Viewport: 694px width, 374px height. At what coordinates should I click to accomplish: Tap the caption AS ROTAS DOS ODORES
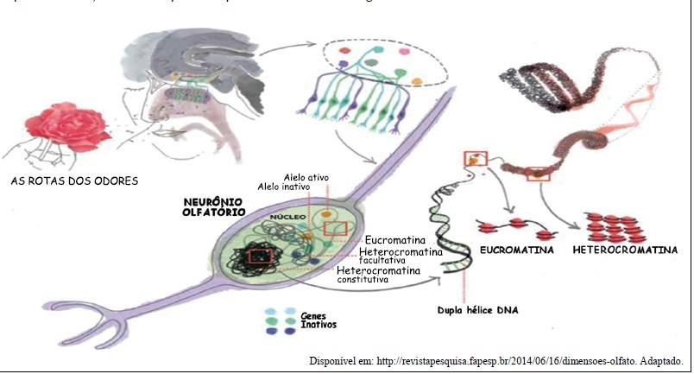click(74, 181)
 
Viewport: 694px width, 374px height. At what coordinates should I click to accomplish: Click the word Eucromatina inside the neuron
click(400, 238)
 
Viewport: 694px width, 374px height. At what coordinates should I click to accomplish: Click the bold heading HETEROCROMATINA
click(625, 250)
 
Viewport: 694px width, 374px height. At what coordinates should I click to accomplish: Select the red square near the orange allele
click(336, 228)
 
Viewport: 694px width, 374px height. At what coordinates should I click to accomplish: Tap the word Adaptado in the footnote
click(660, 360)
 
